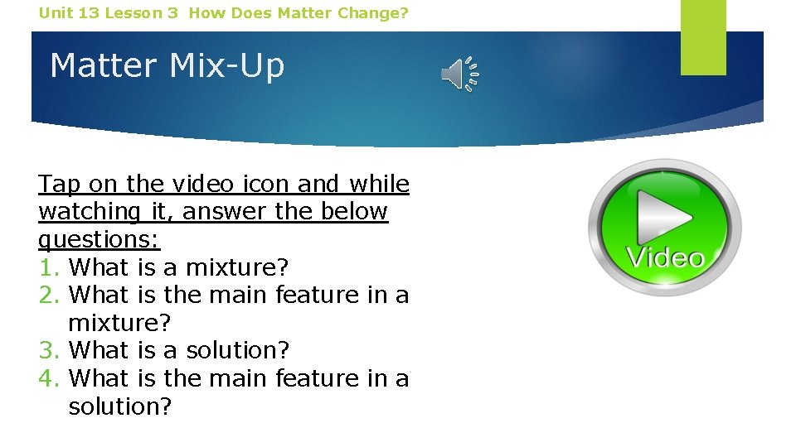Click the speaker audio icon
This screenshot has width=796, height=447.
(459, 75)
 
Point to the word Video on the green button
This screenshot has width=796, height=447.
(665, 257)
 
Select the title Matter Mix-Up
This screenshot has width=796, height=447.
(167, 65)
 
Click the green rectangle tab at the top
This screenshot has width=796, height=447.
(703, 37)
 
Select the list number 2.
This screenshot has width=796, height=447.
(48, 295)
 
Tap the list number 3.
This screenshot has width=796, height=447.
(48, 350)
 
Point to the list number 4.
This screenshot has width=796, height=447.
(48, 378)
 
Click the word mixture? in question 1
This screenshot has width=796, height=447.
(237, 267)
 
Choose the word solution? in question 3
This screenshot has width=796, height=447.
(237, 350)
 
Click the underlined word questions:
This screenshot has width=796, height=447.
(99, 239)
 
